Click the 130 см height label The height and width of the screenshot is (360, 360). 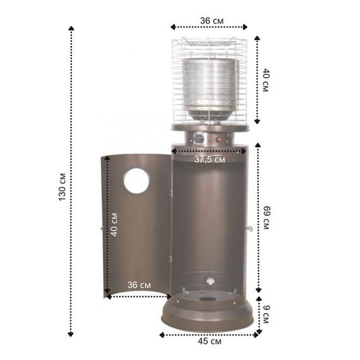63,187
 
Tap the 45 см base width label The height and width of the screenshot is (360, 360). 210,341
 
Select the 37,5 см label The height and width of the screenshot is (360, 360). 210,159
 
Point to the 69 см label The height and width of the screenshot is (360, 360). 267,218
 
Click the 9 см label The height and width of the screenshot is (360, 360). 266,315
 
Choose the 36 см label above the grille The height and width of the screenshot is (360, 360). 212,21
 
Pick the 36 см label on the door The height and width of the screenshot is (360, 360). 139,285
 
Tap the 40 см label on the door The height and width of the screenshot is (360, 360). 114,225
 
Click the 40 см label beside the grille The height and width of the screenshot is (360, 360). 266,80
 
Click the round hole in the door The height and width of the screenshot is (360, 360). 136,181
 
